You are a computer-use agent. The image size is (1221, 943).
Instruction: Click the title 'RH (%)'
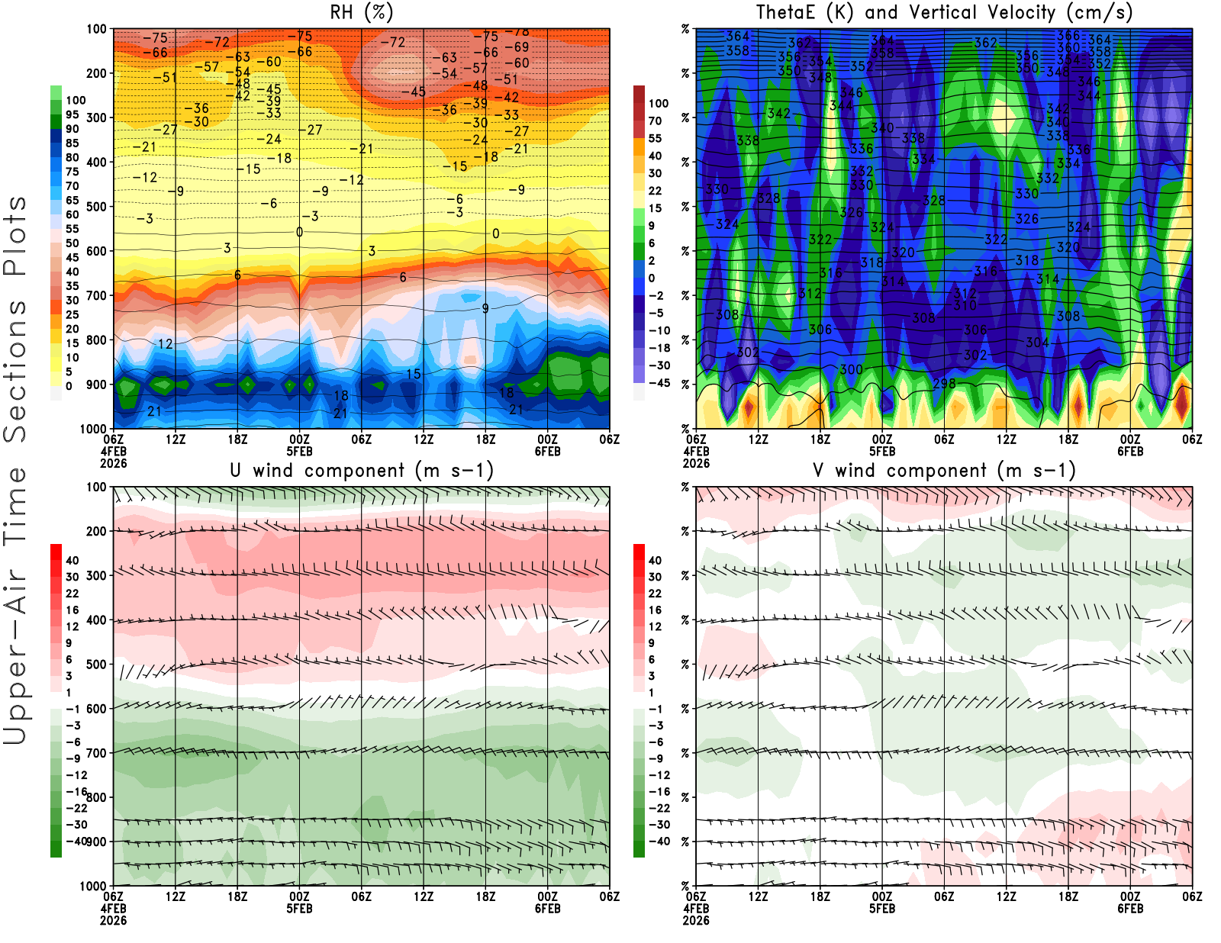(361, 12)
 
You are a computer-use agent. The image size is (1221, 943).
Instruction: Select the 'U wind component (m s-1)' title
(362, 471)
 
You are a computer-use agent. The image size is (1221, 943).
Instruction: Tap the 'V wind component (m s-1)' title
(944, 471)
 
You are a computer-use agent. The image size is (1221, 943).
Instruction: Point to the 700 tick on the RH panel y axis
(97, 295)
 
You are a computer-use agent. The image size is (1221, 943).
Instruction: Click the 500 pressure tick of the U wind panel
(97, 665)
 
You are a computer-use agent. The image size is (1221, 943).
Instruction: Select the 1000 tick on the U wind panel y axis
(93, 886)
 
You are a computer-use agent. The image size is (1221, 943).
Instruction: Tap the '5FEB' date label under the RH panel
(299, 451)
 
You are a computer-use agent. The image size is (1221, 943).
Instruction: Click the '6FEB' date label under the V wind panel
(1130, 909)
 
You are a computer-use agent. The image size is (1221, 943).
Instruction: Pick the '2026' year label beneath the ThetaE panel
(696, 463)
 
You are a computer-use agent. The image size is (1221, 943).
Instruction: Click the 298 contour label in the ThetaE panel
(944, 383)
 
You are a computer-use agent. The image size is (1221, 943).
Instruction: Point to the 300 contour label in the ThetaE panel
(851, 370)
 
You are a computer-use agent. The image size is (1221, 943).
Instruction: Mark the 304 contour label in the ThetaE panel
(1037, 343)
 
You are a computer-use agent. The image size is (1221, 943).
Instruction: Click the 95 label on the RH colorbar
(72, 114)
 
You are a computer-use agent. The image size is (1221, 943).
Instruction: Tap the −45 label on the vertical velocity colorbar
(659, 383)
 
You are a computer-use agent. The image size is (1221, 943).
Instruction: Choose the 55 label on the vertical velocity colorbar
(655, 138)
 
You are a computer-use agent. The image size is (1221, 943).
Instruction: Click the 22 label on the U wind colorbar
(72, 594)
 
